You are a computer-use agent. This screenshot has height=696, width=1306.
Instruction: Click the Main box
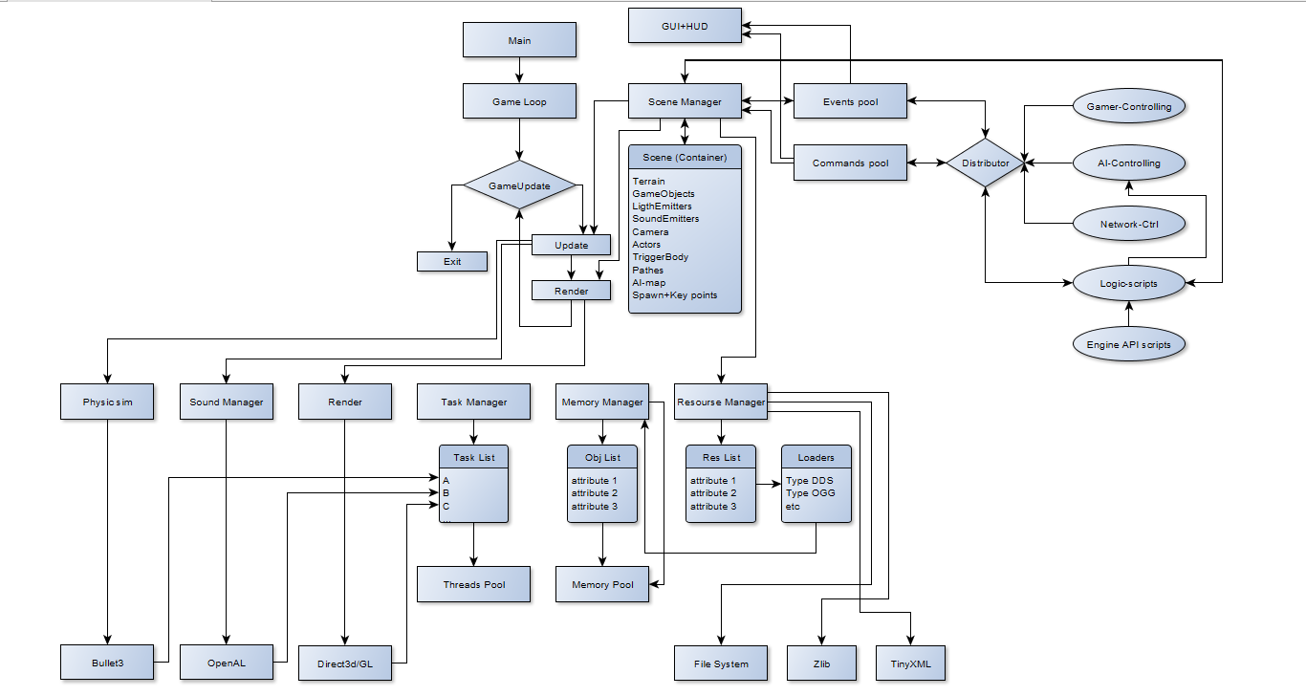pos(519,41)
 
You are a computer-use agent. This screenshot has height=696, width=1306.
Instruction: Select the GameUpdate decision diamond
pos(519,186)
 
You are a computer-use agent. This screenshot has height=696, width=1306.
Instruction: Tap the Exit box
pos(452,261)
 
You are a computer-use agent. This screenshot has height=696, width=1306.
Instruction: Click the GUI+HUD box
pos(685,25)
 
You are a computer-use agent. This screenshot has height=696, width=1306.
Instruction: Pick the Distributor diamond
pos(985,163)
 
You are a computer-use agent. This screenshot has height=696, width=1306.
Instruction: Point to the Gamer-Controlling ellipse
pos(1128,107)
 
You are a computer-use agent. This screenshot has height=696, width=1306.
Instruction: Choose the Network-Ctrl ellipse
pos(1128,225)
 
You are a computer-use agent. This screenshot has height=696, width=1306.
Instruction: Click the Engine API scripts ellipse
pos(1128,344)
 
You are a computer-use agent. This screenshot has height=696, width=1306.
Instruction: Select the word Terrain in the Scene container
pos(649,182)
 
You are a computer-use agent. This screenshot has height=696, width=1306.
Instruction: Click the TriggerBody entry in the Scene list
pos(660,257)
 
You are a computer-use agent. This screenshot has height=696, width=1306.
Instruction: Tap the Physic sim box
pos(107,402)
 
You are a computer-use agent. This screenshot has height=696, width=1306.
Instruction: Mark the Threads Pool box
pos(473,584)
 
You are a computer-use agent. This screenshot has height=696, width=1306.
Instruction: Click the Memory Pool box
pos(602,584)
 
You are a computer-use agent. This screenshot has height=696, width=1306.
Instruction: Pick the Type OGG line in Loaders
pos(809,493)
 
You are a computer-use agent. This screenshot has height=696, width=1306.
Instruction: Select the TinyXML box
pos(911,663)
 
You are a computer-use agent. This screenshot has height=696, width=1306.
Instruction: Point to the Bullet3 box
pos(107,663)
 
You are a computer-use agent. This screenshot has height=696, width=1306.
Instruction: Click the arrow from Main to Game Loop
pos(519,70)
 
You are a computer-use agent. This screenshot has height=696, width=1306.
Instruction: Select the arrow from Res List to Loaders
pos(768,484)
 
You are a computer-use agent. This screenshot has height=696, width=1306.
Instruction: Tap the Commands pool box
pos(850,163)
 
